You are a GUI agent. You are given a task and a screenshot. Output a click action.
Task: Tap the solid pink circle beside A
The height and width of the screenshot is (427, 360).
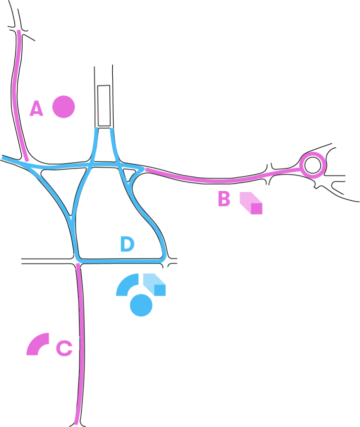[x=63, y=107]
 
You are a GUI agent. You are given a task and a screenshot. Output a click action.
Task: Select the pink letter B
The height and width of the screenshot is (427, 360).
[x=224, y=200]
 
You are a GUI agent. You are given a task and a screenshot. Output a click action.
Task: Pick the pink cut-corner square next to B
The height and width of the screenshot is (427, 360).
[x=251, y=203]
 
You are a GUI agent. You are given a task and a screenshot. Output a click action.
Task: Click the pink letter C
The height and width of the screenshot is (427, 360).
[x=64, y=348]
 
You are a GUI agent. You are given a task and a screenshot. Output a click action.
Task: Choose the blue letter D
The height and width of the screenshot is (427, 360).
[x=127, y=245]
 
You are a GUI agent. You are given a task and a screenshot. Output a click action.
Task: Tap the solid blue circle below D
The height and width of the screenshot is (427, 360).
[x=141, y=305]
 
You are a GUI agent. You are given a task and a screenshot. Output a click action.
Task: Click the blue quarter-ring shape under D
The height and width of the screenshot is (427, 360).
[x=127, y=285]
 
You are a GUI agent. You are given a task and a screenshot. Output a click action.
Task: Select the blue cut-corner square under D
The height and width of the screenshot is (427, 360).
[x=155, y=284]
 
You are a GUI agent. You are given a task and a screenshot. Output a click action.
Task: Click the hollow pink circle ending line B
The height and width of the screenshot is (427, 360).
[x=313, y=165]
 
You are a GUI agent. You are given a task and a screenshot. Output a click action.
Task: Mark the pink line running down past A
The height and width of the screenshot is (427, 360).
[x=16, y=94]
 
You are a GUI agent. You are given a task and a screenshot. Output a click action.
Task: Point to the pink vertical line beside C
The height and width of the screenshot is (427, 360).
[x=80, y=346]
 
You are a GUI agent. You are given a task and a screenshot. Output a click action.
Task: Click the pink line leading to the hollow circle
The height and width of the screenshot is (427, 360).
[x=223, y=180]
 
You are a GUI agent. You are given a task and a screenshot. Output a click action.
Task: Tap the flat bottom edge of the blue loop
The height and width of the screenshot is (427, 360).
[x=121, y=260]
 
